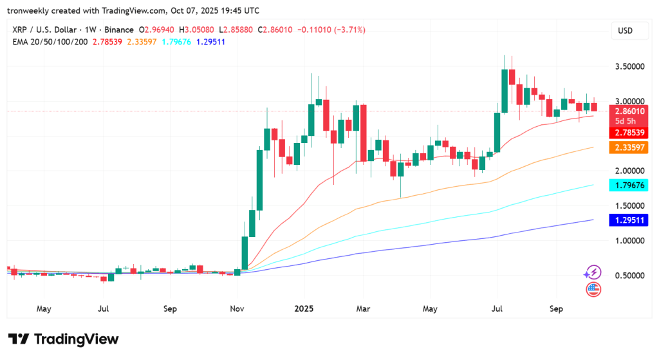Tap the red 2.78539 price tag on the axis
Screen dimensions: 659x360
[629, 133]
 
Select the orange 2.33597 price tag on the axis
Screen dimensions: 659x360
[629, 147]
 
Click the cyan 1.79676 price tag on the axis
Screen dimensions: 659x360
[629, 185]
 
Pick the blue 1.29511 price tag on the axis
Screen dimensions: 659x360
[629, 220]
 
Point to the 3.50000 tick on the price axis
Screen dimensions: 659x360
[629, 66]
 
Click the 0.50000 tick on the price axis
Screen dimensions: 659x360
[629, 276]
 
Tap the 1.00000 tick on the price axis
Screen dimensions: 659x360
[629, 241]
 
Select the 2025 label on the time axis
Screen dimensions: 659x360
[304, 308]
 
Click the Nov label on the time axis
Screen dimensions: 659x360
[237, 308]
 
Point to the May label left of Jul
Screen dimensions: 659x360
[44, 309]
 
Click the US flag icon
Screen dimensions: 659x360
[593, 289]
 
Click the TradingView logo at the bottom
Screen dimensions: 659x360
[64, 339]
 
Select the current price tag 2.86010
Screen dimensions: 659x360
[629, 111]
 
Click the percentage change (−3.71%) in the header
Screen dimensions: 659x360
[349, 30]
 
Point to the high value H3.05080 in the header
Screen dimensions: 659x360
[196, 30]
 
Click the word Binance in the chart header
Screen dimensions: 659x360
[119, 30]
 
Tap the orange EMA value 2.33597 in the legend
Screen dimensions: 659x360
[142, 42]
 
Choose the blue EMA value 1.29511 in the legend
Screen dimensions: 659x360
[210, 42]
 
